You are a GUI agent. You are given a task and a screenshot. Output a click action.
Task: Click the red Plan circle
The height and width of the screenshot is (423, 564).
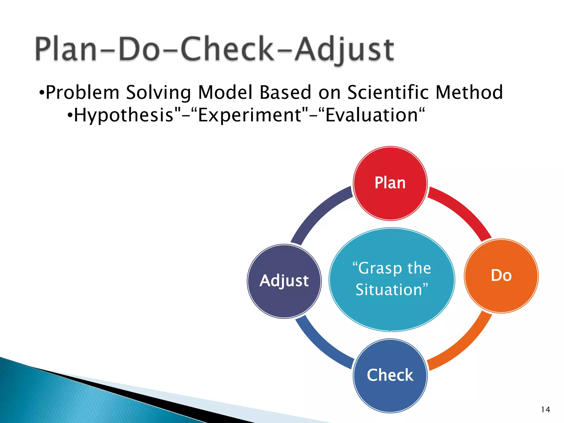point(390,183)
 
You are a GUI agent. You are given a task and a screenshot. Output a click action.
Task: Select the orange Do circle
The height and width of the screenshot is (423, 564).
point(501,276)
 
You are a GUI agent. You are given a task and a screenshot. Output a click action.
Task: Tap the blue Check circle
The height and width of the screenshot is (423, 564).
point(390,376)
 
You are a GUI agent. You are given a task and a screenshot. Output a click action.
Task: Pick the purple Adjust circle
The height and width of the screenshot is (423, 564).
point(284,281)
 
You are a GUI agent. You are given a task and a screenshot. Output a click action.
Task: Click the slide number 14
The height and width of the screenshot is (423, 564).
point(545,410)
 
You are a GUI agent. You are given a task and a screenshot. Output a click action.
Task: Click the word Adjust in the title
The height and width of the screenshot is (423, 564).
point(344,50)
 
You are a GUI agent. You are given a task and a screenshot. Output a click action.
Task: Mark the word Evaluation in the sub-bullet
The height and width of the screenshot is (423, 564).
point(372,115)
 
